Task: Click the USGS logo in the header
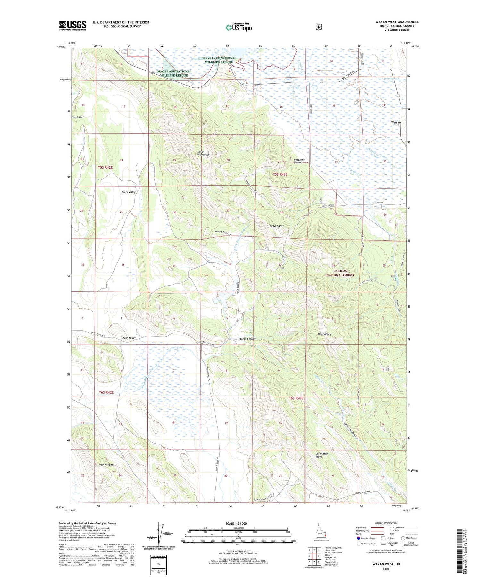coord(72,26)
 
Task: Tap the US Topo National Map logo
coord(239,27)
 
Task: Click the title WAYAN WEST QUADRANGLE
coord(397,22)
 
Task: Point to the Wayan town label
coord(396,122)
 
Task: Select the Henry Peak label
coord(324,334)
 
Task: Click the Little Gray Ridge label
coord(203,153)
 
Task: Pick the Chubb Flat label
coord(77,117)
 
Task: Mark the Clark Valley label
coord(129,192)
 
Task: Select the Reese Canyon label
coord(247,339)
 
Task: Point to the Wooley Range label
coord(106,465)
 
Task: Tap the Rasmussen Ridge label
coord(323,455)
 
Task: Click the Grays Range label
coord(277,226)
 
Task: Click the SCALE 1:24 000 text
coord(236,523)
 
